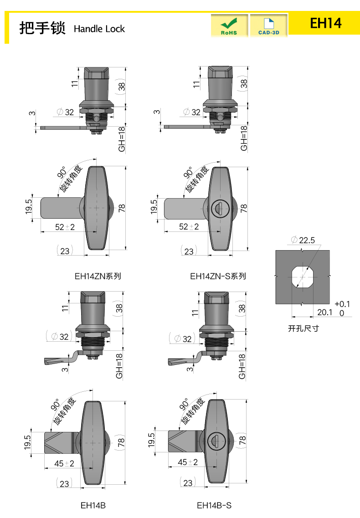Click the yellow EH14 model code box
[325, 23]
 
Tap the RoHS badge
[229, 26]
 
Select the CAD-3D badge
[268, 26]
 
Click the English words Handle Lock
[99, 29]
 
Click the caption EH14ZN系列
[98, 276]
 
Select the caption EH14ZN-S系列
[218, 276]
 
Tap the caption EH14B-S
[214, 505]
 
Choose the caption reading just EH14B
[93, 505]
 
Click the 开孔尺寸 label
[303, 328]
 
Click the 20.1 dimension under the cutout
[324, 312]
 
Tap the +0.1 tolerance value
[342, 304]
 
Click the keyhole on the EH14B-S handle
[213, 441]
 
